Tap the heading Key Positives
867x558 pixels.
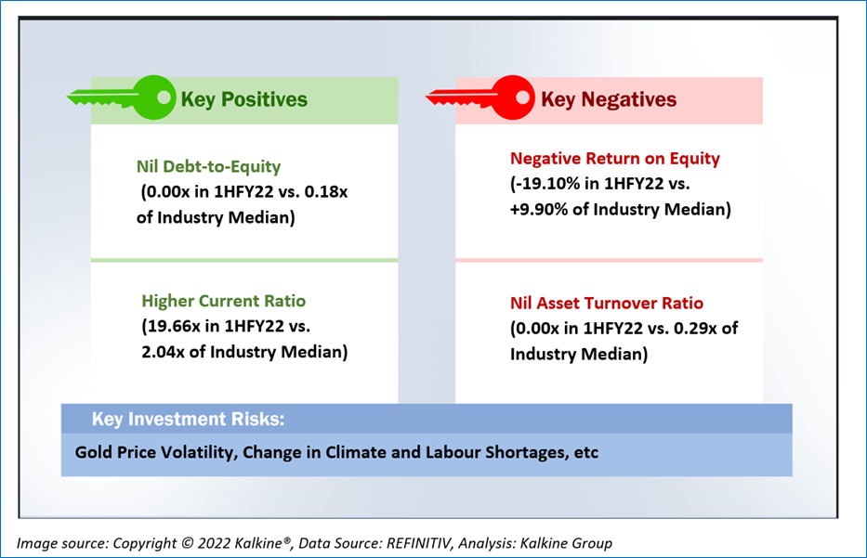tap(243, 99)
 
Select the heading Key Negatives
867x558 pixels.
tap(609, 99)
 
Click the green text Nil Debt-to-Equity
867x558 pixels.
tap(208, 166)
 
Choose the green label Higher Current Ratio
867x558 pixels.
tap(223, 301)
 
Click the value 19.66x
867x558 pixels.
tap(173, 327)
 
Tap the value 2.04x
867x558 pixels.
tap(164, 352)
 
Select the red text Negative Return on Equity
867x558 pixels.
tap(615, 159)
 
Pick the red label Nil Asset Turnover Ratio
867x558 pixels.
tap(607, 304)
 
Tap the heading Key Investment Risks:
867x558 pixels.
tap(188, 419)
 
